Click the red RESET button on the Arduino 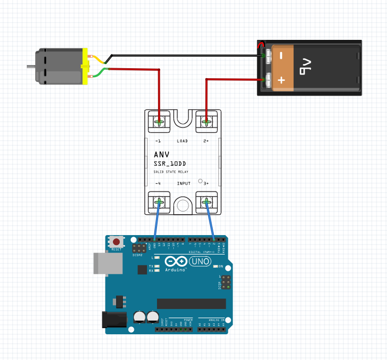[116, 242]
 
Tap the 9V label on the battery [306, 67]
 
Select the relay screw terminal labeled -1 [159, 122]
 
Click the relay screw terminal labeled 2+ [206, 122]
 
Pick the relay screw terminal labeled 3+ [206, 202]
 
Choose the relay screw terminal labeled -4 [159, 202]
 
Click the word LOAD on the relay [182, 141]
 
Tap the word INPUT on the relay [183, 183]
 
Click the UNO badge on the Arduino [200, 261]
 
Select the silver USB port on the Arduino [103, 263]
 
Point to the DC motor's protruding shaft [31, 67]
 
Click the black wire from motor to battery [184, 55]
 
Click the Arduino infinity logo [176, 261]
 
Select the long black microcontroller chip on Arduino [191, 304]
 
